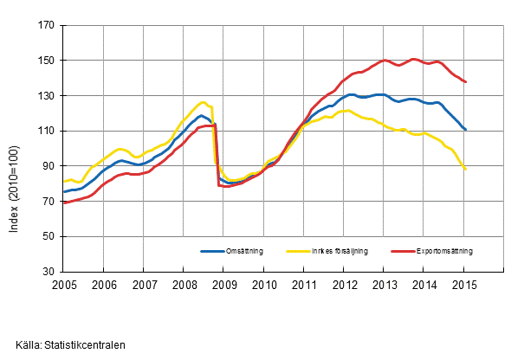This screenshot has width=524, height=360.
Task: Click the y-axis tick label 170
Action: tap(45, 26)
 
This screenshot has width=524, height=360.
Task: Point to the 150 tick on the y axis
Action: tap(45, 61)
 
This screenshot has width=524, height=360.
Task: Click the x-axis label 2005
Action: tap(64, 284)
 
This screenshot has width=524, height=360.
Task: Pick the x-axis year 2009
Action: tap(223, 284)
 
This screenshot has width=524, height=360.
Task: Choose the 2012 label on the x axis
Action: tap(344, 284)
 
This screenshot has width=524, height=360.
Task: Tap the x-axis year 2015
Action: tap(463, 284)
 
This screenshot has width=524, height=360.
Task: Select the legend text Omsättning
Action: tap(244, 251)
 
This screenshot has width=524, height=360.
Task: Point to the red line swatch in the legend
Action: tap(415, 251)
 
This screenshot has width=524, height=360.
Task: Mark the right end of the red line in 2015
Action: tap(467, 82)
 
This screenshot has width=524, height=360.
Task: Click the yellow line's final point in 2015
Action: tap(467, 170)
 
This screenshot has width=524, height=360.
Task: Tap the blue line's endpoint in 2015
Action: tap(467, 130)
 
